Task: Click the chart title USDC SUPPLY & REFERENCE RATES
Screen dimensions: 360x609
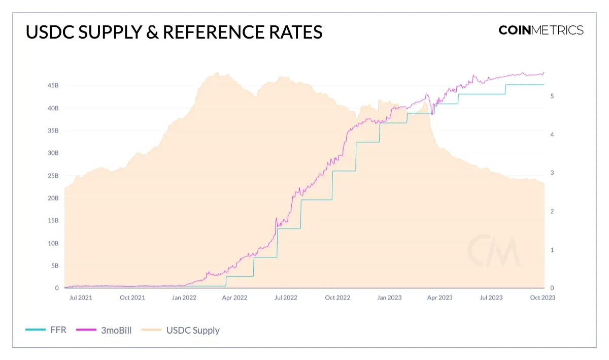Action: pyautogui.click(x=174, y=32)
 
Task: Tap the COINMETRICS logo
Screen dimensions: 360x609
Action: pyautogui.click(x=541, y=30)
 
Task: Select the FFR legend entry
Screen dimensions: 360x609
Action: pyautogui.click(x=57, y=330)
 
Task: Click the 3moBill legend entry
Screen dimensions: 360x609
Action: pyautogui.click(x=117, y=330)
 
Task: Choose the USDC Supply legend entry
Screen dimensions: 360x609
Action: pyautogui.click(x=193, y=330)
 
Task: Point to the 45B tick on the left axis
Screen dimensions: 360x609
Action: pyautogui.click(x=53, y=86)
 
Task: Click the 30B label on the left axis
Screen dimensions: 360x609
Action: pyautogui.click(x=53, y=153)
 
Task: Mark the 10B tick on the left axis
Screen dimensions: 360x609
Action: pyautogui.click(x=53, y=243)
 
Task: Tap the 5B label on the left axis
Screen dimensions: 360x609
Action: pyautogui.click(x=54, y=266)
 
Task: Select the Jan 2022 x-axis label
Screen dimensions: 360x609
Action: pyautogui.click(x=184, y=298)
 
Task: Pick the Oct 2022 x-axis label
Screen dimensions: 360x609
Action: pyautogui.click(x=337, y=298)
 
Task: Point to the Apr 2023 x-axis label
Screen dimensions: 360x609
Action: pyautogui.click(x=439, y=298)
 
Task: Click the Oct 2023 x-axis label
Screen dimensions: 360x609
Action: pyautogui.click(x=543, y=298)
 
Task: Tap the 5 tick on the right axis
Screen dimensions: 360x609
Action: pyautogui.click(x=552, y=96)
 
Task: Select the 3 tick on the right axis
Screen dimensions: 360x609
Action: pyautogui.click(x=552, y=173)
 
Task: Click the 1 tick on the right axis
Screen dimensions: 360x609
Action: pyautogui.click(x=552, y=250)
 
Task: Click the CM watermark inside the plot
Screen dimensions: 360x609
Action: pyautogui.click(x=493, y=251)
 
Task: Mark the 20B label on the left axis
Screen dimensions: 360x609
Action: pyautogui.click(x=53, y=198)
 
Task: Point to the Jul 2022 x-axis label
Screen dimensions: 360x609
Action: pyautogui.click(x=286, y=298)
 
